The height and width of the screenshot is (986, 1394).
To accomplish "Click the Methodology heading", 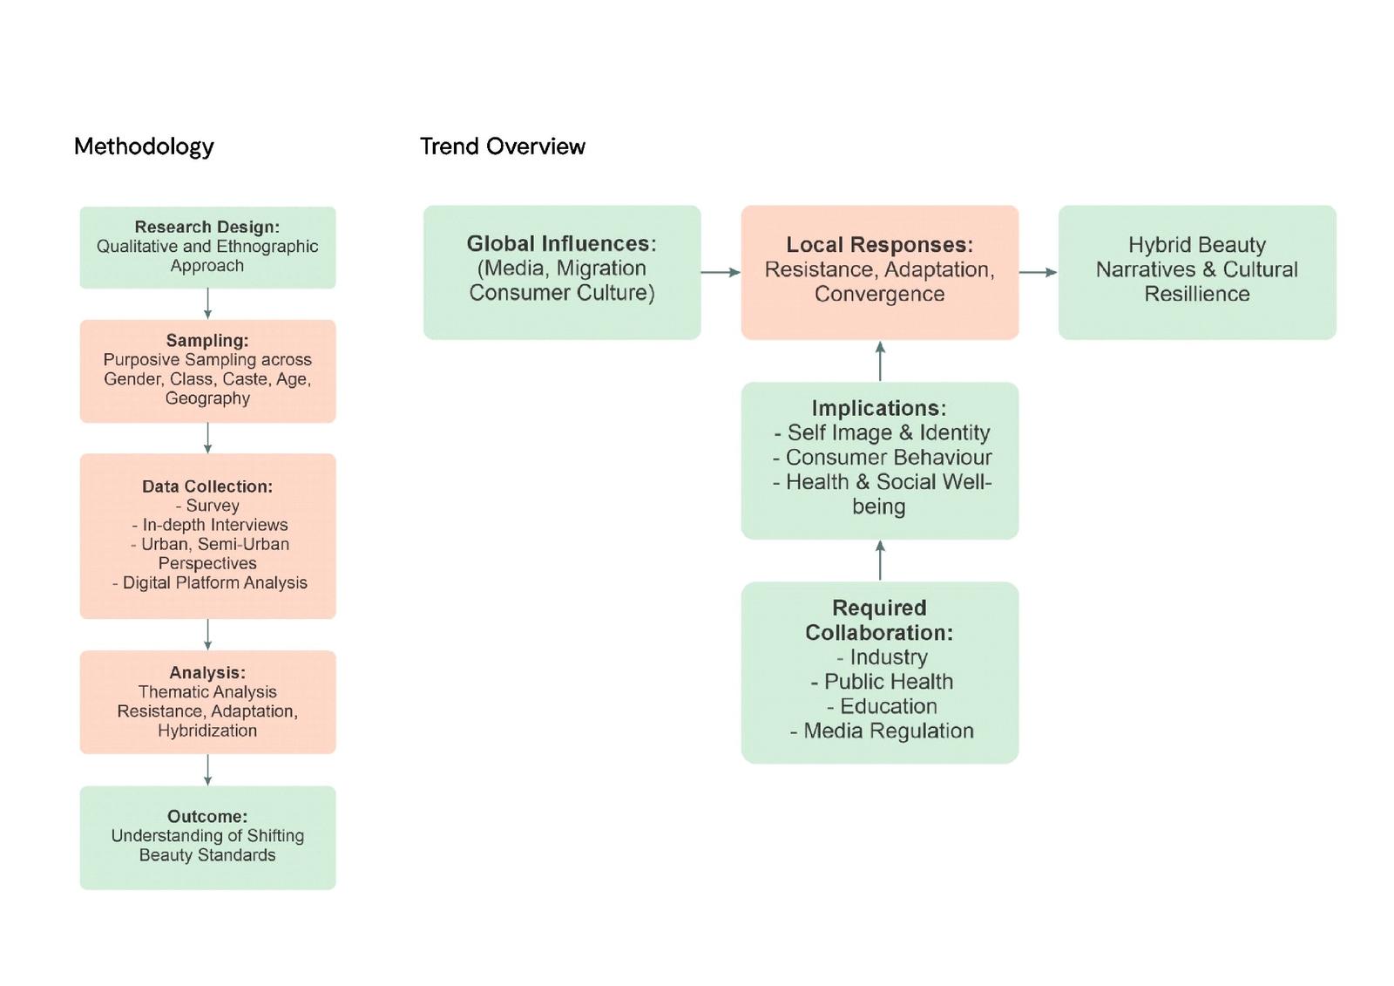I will pyautogui.click(x=144, y=146).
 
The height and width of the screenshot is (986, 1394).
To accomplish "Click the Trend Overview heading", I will pyautogui.click(x=503, y=146).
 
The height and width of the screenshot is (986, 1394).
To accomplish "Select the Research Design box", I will pyautogui.click(x=207, y=247).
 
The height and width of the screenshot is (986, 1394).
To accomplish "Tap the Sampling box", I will pyautogui.click(x=207, y=371).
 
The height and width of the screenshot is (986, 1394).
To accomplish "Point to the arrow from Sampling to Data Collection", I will pyautogui.click(x=207, y=438).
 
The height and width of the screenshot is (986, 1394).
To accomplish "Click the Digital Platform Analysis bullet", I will pyautogui.click(x=210, y=582).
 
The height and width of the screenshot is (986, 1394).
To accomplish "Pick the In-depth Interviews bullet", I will pyautogui.click(x=210, y=525).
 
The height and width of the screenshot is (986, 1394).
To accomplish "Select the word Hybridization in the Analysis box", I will pyautogui.click(x=207, y=731).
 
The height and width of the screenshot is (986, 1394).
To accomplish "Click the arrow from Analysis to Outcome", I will pyautogui.click(x=207, y=770).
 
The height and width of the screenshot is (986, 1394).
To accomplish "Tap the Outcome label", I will pyautogui.click(x=207, y=816).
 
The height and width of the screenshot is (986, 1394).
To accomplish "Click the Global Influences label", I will pyautogui.click(x=561, y=243).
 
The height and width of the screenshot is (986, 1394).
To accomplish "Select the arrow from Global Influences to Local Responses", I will pyautogui.click(x=721, y=272).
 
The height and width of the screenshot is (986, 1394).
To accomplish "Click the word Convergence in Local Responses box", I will pyautogui.click(x=879, y=294).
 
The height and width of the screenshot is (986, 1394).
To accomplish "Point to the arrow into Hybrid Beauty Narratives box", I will pyautogui.click(x=1038, y=272).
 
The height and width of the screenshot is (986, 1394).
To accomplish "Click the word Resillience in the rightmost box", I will pyautogui.click(x=1196, y=294).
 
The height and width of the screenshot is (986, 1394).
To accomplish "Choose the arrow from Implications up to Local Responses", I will pyautogui.click(x=880, y=360).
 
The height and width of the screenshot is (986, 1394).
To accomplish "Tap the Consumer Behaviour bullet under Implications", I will pyautogui.click(x=882, y=457).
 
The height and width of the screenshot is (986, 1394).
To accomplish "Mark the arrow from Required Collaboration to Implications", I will pyautogui.click(x=880, y=560).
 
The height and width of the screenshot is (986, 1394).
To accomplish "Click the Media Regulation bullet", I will pyautogui.click(x=882, y=731).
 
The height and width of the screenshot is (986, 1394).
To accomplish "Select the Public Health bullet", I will pyautogui.click(x=882, y=682).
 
